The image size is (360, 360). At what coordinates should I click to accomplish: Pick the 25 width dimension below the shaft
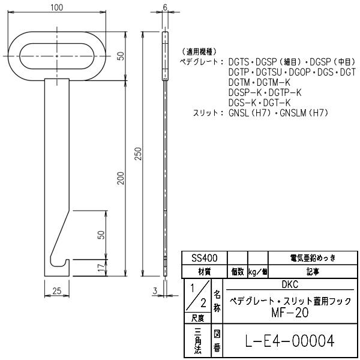coord(57,290)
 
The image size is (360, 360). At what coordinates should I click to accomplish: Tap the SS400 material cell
coord(205,258)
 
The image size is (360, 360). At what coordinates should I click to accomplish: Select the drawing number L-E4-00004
coord(290,341)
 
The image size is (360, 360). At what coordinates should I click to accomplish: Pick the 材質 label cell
coord(205,271)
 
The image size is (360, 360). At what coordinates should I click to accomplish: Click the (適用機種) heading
coord(199,52)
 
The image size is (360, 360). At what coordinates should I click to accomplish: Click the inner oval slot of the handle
coord(58,56)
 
